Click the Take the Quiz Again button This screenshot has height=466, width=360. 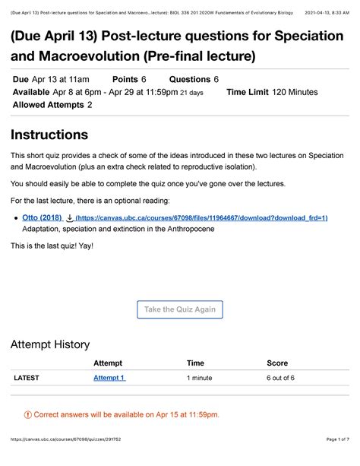pyautogui.click(x=180, y=309)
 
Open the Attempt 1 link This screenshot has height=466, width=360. pyautogui.click(x=109, y=378)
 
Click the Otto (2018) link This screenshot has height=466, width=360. pyautogui.click(x=41, y=217)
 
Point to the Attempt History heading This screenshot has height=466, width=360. pyautogui.click(x=49, y=344)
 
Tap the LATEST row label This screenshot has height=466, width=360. pyautogui.click(x=27, y=378)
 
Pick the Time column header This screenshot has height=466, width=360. pyautogui.click(x=195, y=363)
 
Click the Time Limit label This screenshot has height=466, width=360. pyautogui.click(x=250, y=92)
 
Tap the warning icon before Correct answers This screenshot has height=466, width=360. pyautogui.click(x=28, y=414)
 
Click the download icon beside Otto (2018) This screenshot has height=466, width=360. pyautogui.click(x=70, y=217)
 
